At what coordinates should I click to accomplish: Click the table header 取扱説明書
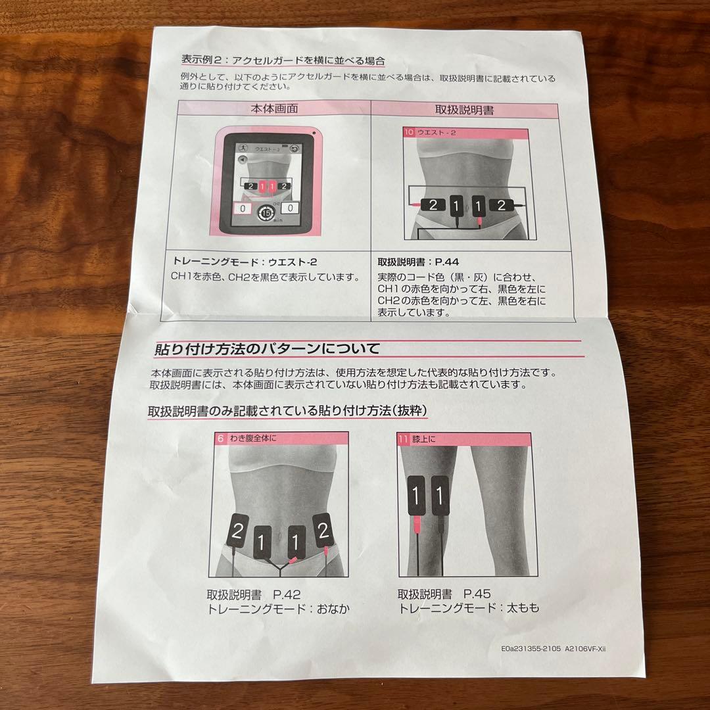[465, 110]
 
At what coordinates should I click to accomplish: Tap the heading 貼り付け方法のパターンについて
[267, 348]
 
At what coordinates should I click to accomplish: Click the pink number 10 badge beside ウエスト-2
[409, 132]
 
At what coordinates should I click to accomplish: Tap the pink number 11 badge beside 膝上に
[403, 438]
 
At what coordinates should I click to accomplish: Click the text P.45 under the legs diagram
[478, 593]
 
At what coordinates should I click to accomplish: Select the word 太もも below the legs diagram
[523, 608]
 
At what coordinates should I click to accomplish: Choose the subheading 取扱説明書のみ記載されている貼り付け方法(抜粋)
[288, 411]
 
